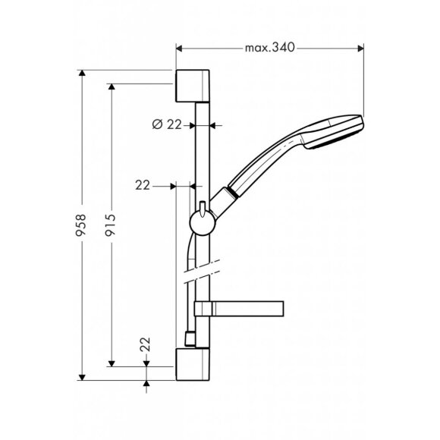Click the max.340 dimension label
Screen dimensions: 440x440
pyautogui.click(x=269, y=48)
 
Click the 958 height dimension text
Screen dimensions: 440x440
pyautogui.click(x=81, y=225)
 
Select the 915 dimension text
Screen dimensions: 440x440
pyautogui.click(x=110, y=225)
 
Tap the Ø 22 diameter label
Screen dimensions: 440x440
pyautogui.click(x=167, y=124)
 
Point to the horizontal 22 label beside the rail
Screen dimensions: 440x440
pyautogui.click(x=143, y=185)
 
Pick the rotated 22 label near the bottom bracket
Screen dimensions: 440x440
pyautogui.click(x=146, y=344)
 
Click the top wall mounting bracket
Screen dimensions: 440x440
pyautogui.click(x=193, y=86)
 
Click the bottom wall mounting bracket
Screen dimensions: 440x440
pyautogui.click(x=193, y=364)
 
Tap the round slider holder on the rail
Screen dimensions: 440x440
pyautogui.click(x=203, y=223)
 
